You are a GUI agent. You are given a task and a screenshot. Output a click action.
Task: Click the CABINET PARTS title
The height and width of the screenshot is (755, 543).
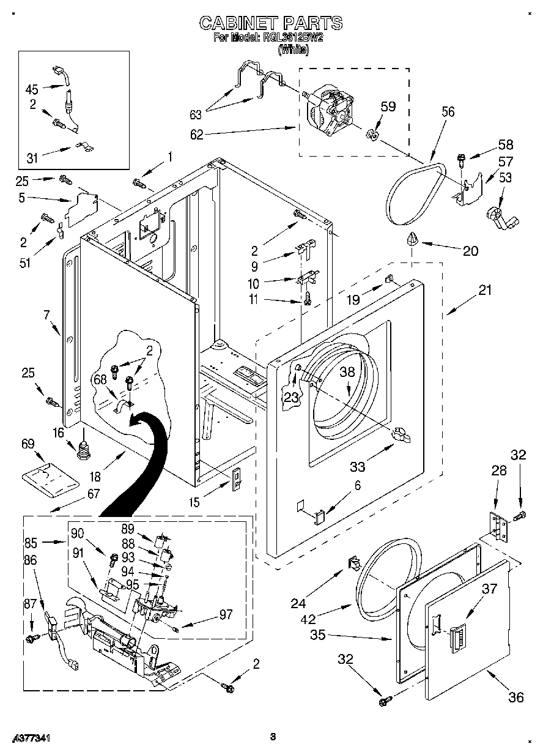271,23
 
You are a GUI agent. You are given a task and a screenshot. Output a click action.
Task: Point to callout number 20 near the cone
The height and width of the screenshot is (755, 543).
470,250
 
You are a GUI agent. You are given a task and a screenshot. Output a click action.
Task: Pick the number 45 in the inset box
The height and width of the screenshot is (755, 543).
32,88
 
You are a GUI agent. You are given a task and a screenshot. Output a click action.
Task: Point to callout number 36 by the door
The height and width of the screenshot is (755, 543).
515,697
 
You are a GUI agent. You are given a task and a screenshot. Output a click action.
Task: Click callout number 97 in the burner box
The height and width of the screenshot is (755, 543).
225,614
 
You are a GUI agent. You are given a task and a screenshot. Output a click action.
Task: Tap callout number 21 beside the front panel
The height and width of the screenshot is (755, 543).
484,291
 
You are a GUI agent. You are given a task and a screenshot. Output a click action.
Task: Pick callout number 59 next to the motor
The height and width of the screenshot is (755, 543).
388,106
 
